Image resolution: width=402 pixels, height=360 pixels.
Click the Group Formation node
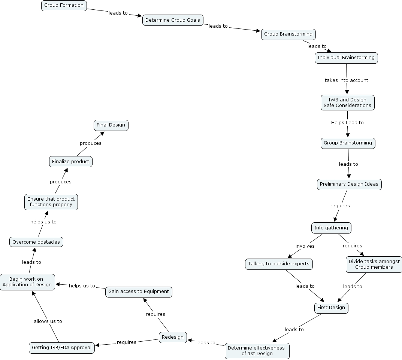click(x=64, y=6)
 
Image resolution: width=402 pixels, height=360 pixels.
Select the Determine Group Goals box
click(x=173, y=20)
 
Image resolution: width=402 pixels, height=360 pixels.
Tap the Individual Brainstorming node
click(x=346, y=58)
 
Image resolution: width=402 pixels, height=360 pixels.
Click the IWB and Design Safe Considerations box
click(x=347, y=103)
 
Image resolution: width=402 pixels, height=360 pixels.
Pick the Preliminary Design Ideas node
click(x=349, y=184)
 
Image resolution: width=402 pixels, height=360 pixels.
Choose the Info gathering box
click(x=331, y=228)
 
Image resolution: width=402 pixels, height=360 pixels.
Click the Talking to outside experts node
click(x=279, y=264)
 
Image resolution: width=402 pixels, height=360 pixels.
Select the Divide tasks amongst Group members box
click(x=374, y=264)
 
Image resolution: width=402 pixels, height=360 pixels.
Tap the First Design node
click(x=331, y=308)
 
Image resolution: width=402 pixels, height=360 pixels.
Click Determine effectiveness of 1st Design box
click(x=257, y=351)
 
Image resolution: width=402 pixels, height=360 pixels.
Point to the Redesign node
click(x=173, y=337)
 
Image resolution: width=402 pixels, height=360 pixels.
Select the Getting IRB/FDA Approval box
click(x=62, y=348)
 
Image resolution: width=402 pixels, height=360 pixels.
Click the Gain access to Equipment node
click(x=139, y=292)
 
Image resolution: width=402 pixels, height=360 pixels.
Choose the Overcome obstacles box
click(x=36, y=242)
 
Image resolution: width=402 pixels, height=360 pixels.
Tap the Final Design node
click(x=111, y=125)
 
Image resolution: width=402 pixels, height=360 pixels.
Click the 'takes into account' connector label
click(x=346, y=80)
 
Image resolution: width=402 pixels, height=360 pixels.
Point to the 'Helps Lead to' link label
click(x=347, y=122)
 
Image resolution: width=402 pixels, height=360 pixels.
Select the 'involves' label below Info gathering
click(x=305, y=246)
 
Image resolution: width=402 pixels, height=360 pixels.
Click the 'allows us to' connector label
click(x=48, y=321)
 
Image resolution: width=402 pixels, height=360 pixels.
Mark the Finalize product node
click(x=71, y=162)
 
